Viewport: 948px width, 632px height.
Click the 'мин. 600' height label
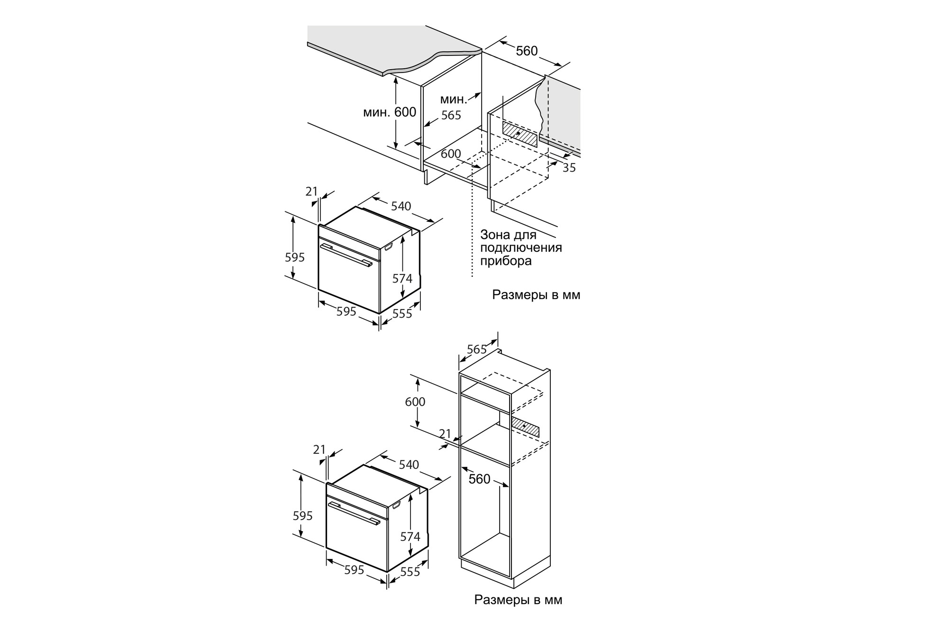click(390, 112)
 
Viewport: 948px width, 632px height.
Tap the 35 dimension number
click(569, 167)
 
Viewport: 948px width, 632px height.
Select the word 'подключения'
click(521, 247)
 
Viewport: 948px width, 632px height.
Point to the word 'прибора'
click(506, 261)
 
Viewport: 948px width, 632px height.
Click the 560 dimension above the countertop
click(527, 51)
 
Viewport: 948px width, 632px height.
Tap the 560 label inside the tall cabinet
click(479, 479)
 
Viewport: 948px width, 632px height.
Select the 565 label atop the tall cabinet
click(477, 349)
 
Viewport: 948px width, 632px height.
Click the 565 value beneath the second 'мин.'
click(451, 115)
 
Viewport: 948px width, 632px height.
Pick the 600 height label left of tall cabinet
click(415, 402)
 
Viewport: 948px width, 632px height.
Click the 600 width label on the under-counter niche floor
click(451, 154)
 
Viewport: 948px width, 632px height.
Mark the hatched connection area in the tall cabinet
click(525, 427)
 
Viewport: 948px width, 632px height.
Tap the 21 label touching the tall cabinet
click(445, 434)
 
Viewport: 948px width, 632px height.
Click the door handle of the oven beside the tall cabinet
click(354, 513)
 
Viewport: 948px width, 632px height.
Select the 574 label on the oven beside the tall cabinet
click(410, 536)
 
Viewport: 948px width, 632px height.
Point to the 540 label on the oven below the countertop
click(401, 206)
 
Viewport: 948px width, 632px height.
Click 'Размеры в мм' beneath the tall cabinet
click(518, 600)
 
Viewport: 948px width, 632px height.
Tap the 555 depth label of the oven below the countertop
click(402, 313)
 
